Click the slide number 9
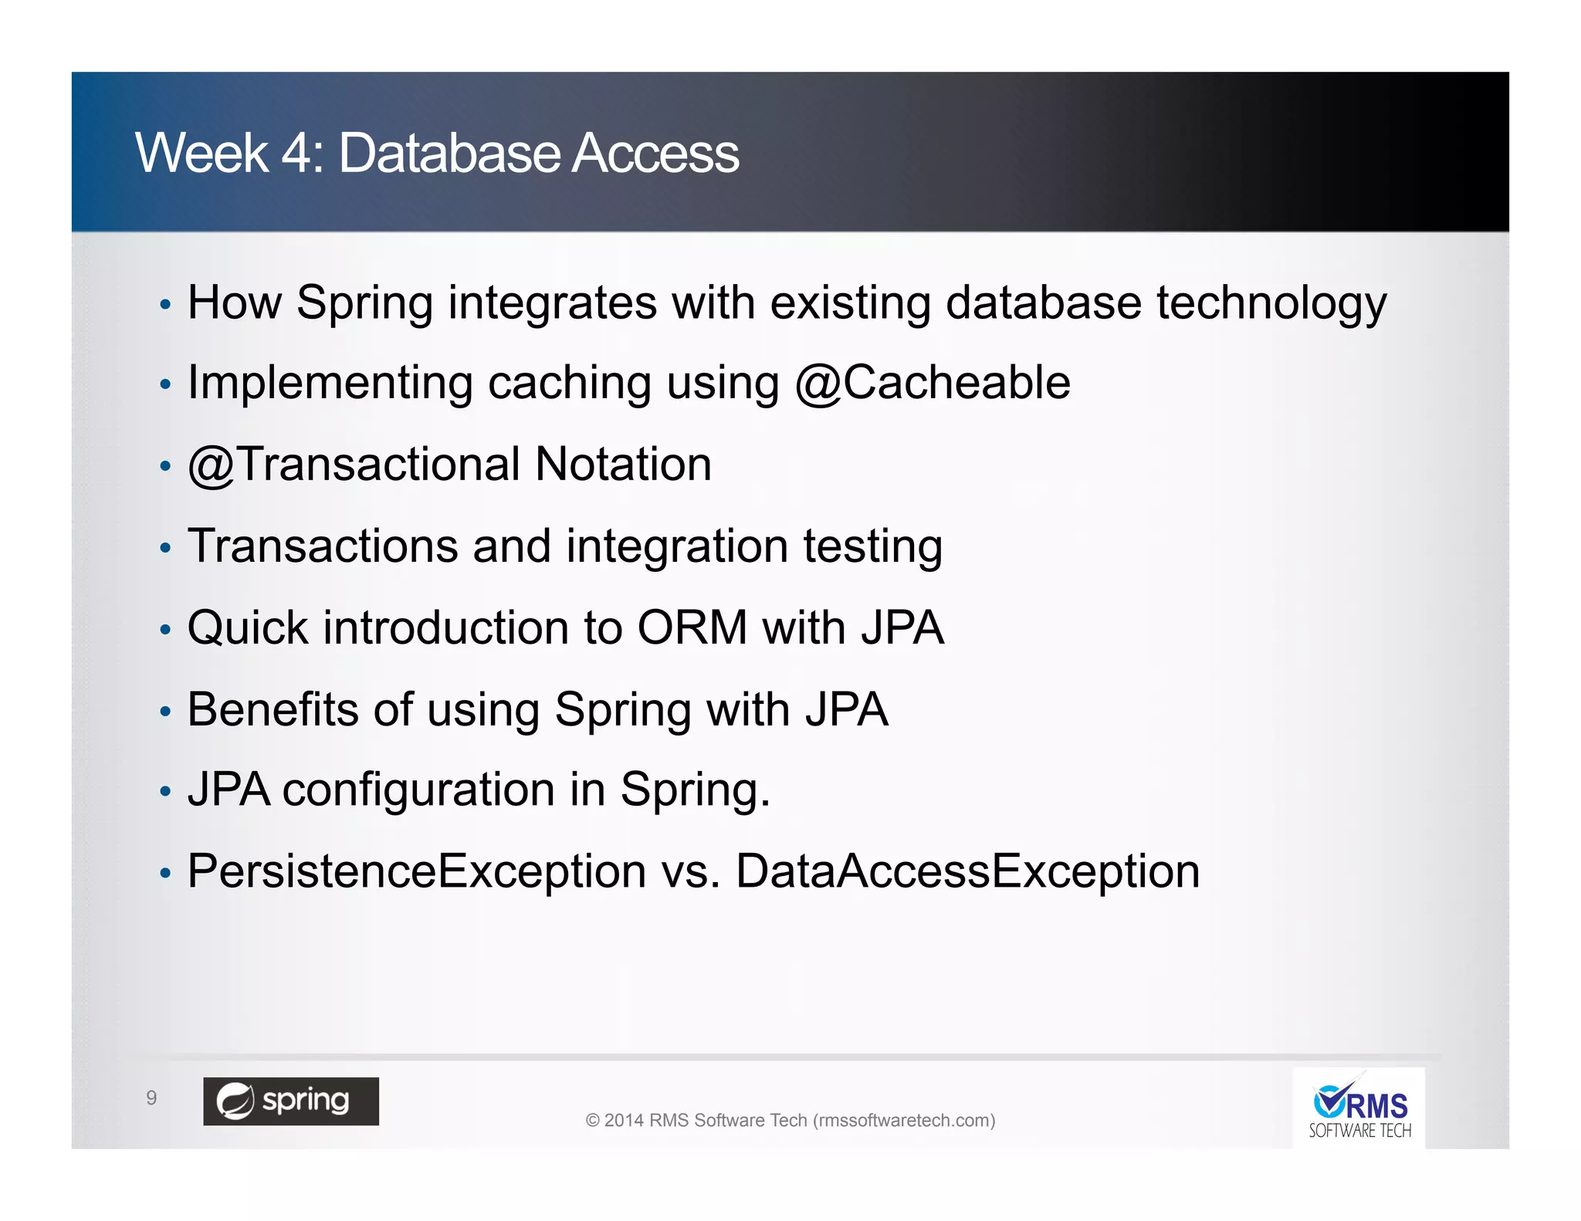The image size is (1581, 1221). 151,1098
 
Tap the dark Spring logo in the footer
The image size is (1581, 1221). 291,1101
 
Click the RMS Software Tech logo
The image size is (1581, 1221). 1359,1108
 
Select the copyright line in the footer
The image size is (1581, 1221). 790,1120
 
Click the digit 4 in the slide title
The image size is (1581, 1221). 296,153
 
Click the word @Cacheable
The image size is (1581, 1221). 933,383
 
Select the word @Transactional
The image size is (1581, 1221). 354,465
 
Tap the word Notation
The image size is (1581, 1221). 623,465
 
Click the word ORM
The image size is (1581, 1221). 692,627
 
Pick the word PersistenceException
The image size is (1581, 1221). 417,871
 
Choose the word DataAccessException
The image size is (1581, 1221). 967,871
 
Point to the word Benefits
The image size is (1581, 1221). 273,709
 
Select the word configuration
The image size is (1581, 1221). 418,790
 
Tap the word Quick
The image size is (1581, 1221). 248,627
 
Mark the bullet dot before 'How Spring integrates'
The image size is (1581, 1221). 164,304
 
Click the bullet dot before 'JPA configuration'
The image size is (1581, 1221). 164,792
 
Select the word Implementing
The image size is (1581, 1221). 330,383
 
